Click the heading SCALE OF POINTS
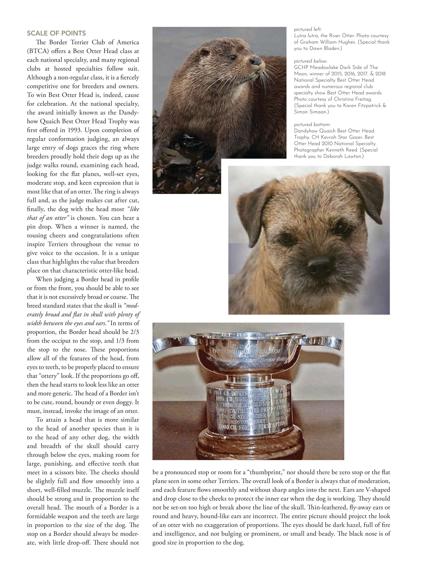click(x=56, y=33)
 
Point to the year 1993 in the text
click(x=75, y=130)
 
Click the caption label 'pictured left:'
click(x=308, y=29)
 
